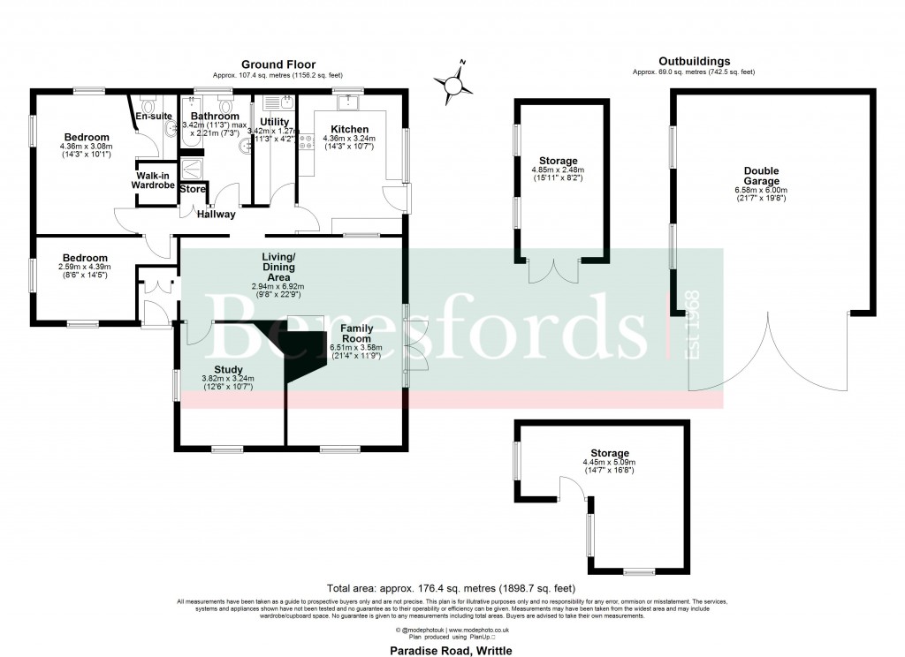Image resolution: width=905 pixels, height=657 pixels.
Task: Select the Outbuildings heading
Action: tap(694, 61)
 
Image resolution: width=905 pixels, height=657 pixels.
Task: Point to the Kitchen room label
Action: tap(349, 129)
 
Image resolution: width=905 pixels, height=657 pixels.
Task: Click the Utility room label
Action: tap(275, 122)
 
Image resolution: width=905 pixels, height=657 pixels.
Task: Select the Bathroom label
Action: tap(215, 117)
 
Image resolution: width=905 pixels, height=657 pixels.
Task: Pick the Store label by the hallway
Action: tap(193, 189)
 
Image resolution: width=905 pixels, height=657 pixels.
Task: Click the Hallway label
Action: tap(216, 214)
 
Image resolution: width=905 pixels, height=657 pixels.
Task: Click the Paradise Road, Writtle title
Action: tap(452, 650)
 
